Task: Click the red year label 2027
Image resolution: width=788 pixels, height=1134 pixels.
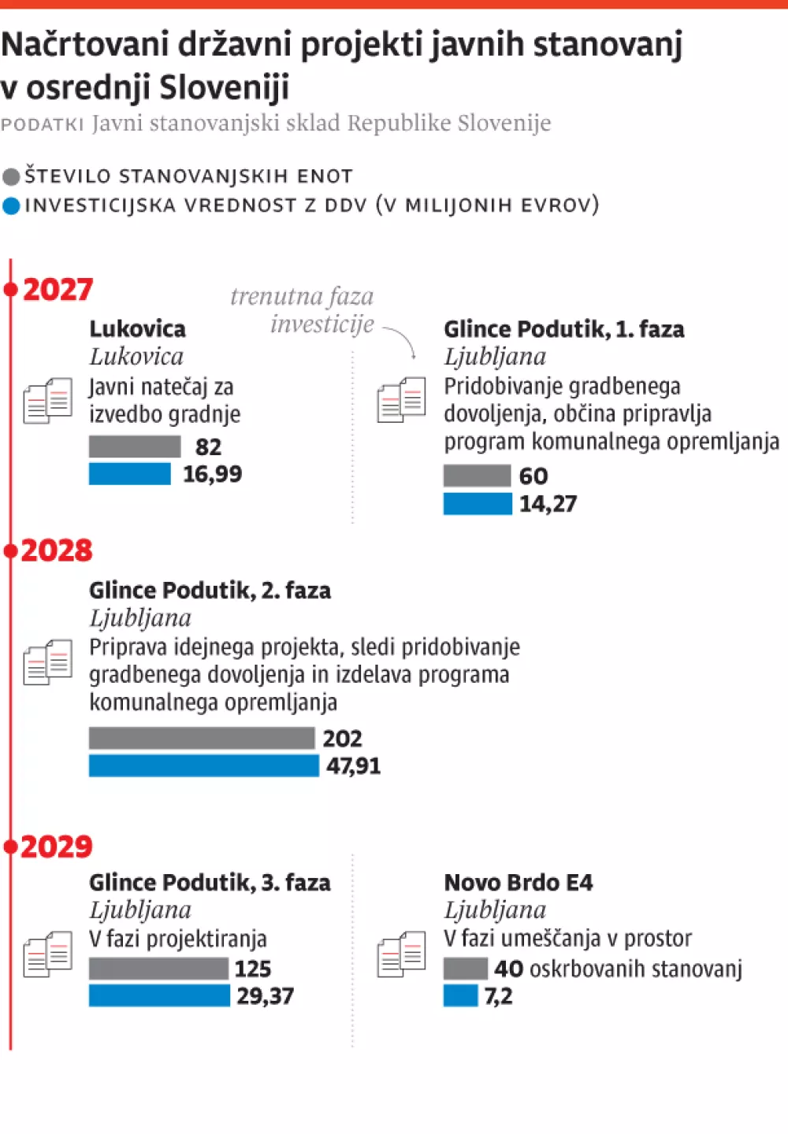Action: (58, 290)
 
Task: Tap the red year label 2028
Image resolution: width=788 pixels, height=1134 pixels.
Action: (57, 550)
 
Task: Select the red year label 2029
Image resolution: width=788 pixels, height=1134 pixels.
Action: (57, 847)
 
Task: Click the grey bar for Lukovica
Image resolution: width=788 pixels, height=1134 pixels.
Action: (135, 447)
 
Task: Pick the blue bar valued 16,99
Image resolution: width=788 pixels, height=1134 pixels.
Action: (129, 474)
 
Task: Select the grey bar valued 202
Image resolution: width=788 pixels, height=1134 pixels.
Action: (202, 738)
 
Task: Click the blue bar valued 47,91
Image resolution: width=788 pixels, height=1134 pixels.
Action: (204, 765)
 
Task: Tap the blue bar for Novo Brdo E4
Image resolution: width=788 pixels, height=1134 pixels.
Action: (460, 996)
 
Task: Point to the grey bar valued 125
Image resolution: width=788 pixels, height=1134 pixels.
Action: (158, 969)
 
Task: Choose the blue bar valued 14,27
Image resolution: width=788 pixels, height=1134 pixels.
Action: (478, 504)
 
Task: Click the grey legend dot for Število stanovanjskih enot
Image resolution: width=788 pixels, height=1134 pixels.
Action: (11, 176)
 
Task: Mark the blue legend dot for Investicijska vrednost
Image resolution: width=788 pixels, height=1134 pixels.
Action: (11, 206)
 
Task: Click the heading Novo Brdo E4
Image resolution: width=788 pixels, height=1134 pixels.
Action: (518, 882)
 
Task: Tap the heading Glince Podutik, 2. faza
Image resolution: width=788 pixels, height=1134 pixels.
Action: (210, 590)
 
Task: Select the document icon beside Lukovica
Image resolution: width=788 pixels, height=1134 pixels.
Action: (48, 401)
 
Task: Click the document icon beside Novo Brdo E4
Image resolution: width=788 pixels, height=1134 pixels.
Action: (402, 954)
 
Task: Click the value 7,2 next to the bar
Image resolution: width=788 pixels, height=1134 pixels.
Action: (498, 996)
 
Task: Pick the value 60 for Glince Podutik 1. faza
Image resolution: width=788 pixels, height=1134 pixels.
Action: (533, 476)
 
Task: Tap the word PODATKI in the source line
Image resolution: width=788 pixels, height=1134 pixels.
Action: (43, 124)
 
